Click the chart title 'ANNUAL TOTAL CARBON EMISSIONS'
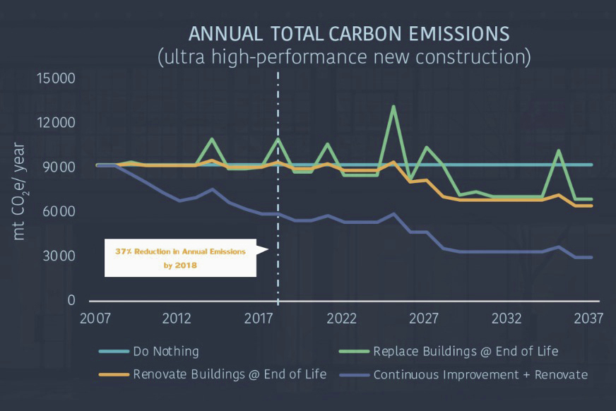(x=348, y=34)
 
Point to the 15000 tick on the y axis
(x=56, y=78)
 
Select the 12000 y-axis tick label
(x=56, y=123)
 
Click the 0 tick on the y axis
(x=71, y=300)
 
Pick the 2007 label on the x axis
(x=95, y=318)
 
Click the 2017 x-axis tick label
(x=259, y=318)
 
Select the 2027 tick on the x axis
(x=424, y=318)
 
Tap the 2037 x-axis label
(x=587, y=318)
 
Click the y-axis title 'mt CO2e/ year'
(x=20, y=191)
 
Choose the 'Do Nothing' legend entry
(x=166, y=351)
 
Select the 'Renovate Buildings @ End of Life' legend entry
(x=230, y=374)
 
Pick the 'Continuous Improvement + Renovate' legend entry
(x=480, y=374)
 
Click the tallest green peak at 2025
(x=393, y=107)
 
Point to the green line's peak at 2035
(x=558, y=150)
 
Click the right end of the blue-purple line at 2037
(x=591, y=257)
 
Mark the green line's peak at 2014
(x=212, y=139)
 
